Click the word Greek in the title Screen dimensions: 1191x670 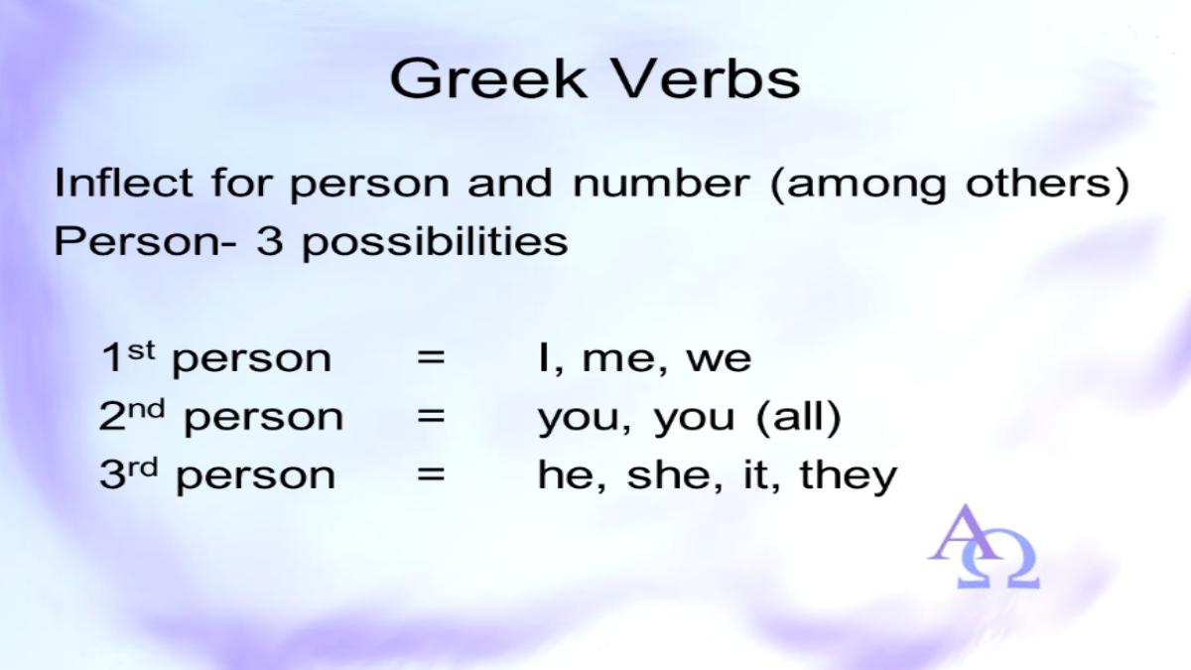[x=488, y=79]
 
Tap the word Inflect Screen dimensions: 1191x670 [x=123, y=183]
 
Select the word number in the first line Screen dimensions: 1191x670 [x=661, y=183]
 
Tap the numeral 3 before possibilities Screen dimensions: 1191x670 [x=269, y=242]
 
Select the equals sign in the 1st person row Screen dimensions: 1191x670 [x=431, y=357]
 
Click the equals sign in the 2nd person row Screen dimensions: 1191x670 [x=431, y=416]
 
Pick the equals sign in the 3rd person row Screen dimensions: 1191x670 [x=431, y=473]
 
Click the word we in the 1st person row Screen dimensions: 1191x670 [x=719, y=360]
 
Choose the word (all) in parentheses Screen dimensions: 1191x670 [x=799, y=417]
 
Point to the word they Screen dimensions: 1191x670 [x=849, y=476]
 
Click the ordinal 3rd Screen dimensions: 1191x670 [x=129, y=473]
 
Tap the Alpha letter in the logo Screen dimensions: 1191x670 [x=965, y=533]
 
